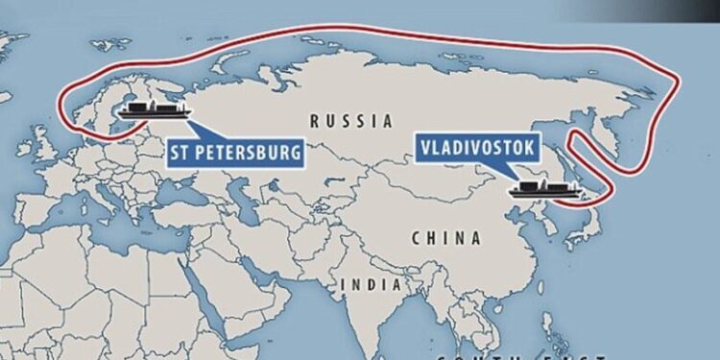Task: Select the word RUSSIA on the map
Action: (x=352, y=122)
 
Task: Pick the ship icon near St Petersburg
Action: (x=153, y=111)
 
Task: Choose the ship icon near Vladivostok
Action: (x=542, y=189)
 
